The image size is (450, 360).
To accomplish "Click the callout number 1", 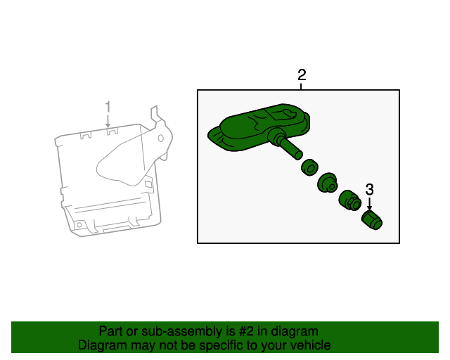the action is point(108,107).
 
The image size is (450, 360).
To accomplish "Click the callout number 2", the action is point(302,75).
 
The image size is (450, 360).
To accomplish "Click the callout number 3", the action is point(370,189).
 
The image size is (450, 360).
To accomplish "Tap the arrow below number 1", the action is point(108,121).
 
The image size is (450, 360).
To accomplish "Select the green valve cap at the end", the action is point(372,220).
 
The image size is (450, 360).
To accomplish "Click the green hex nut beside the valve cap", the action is point(349,200).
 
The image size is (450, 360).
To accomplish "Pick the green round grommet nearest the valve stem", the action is point(309,167).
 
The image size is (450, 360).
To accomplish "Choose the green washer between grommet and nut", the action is point(328,183).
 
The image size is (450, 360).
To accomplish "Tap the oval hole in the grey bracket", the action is point(161,139).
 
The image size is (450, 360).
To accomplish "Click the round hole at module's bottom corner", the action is point(79,225).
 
